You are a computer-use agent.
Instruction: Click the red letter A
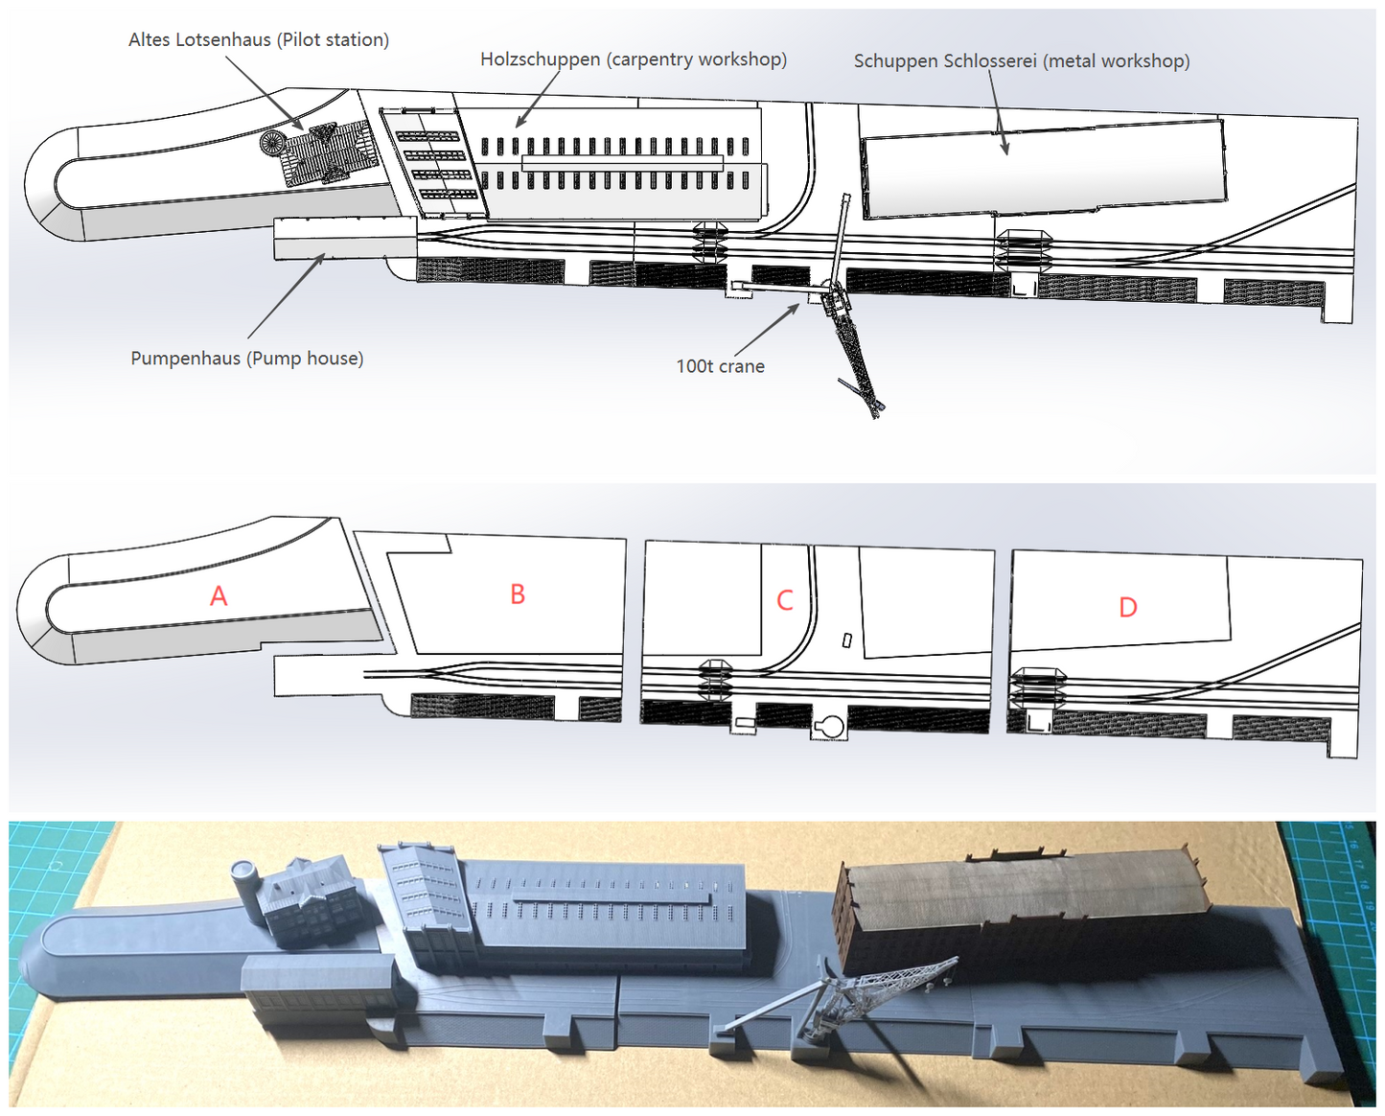[x=219, y=595]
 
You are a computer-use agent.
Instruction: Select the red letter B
[x=518, y=593]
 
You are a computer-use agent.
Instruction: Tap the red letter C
[x=785, y=600]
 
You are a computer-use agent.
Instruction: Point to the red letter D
[x=1127, y=607]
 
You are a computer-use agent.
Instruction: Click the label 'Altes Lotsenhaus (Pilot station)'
[x=259, y=40]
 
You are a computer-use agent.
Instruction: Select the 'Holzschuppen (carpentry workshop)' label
[x=634, y=59]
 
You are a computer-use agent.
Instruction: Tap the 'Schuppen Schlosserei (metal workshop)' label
[x=1022, y=61]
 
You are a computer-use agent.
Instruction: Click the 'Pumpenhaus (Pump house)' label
[x=247, y=358]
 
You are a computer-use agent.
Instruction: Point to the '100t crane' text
[x=720, y=366]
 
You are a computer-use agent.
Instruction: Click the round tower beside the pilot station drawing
[x=272, y=142]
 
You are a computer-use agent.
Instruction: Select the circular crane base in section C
[x=831, y=727]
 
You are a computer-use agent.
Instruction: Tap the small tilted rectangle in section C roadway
[x=847, y=640]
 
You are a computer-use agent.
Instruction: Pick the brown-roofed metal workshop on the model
[x=1024, y=911]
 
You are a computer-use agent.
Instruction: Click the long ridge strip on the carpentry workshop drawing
[x=618, y=163]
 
